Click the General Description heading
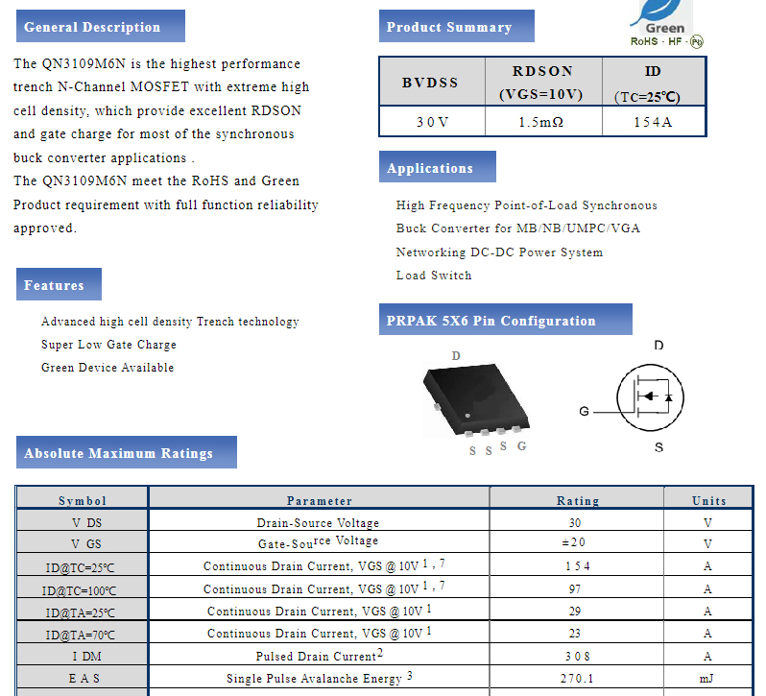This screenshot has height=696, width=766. [x=92, y=27]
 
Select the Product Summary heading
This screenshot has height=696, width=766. [x=449, y=27]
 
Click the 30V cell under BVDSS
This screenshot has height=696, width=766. [x=432, y=122]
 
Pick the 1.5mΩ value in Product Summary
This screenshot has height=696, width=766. [x=541, y=122]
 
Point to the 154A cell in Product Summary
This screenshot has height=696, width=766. [x=653, y=122]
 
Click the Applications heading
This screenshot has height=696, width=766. [x=430, y=168]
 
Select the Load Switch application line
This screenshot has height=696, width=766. [x=434, y=276]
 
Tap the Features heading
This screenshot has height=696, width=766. [x=55, y=285]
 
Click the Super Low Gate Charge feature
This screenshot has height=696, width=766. [x=108, y=345]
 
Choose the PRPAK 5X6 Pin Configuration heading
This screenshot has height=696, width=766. [x=491, y=321]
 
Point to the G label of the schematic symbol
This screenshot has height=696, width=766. [x=584, y=412]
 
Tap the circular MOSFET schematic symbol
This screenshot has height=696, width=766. [x=649, y=396]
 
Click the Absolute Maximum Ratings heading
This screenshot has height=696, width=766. [x=119, y=453]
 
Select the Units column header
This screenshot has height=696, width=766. [x=708, y=500]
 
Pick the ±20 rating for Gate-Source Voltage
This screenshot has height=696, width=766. [x=577, y=542]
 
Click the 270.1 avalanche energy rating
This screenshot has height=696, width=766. [x=577, y=679]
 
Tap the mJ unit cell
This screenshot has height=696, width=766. [x=708, y=679]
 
